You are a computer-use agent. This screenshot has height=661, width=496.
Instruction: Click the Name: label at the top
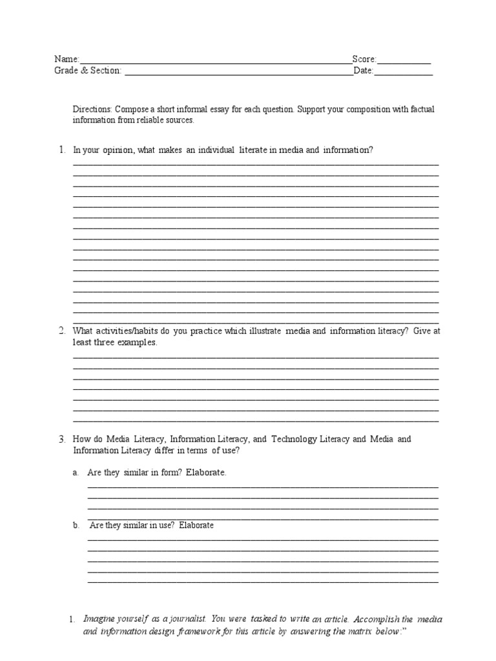coord(67,59)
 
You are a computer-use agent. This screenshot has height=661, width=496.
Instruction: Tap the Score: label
coord(364,59)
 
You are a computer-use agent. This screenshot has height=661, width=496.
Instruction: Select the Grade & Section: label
coord(87,71)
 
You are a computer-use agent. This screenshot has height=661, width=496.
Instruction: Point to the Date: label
coord(364,71)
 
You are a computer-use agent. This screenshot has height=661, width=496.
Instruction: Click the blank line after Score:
coord(404,62)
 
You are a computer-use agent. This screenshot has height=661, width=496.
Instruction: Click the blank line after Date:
coord(404,74)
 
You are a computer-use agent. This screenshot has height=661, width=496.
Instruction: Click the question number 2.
coord(62,331)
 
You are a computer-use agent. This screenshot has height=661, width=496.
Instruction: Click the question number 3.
coord(62,440)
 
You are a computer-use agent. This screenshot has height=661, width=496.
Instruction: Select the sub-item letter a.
coord(76,473)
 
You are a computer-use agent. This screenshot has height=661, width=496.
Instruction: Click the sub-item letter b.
coord(76,525)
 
